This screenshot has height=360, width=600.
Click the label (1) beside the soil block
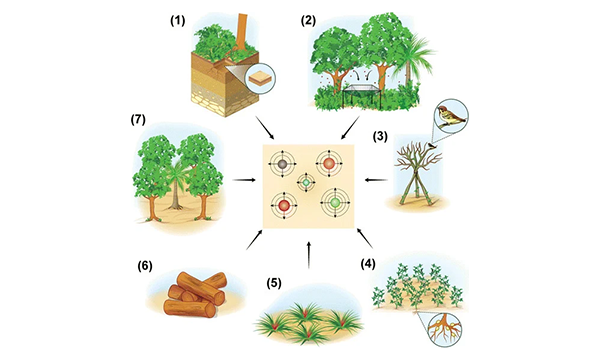coord(178,21)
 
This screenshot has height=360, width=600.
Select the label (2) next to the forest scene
coord(308,21)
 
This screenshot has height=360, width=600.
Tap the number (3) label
coord(380,137)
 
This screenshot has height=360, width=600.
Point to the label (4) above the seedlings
coord(368,264)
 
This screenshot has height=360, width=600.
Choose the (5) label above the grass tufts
coord(274,283)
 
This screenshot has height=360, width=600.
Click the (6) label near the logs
coord(145,266)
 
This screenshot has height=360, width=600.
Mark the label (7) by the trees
coord(138,120)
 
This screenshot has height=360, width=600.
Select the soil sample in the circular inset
coord(260,79)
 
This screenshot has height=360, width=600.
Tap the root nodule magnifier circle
coord(445,330)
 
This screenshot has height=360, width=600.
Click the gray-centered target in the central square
coord(282,164)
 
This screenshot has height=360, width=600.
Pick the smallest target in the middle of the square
coord(306,183)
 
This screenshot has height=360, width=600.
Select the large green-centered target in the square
coord(335,203)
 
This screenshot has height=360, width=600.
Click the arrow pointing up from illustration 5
coord(309,255)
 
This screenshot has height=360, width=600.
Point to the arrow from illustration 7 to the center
coord(244,179)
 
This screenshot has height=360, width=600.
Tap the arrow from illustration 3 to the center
coord(376,179)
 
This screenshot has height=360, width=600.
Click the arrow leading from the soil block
coord(265,128)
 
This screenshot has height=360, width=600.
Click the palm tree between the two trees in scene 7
coord(177,187)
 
